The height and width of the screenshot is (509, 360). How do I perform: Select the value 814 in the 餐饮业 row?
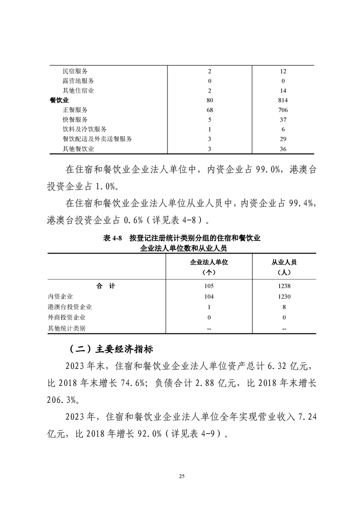coord(283,100)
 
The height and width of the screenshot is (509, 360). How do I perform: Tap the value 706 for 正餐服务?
coord(283,110)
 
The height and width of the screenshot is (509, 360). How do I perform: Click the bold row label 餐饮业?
coord(59,100)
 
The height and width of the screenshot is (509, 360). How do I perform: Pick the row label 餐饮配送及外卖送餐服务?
coord(97,139)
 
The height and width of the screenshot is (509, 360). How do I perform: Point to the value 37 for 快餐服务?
coord(283,120)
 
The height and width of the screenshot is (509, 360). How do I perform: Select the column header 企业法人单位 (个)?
coord(209,267)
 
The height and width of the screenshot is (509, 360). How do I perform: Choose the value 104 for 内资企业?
coord(209,296)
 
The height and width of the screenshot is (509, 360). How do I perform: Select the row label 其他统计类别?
coord(67,328)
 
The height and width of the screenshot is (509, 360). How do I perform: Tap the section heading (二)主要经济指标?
coord(111,350)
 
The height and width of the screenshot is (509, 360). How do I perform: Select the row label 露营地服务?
coord(78,81)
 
